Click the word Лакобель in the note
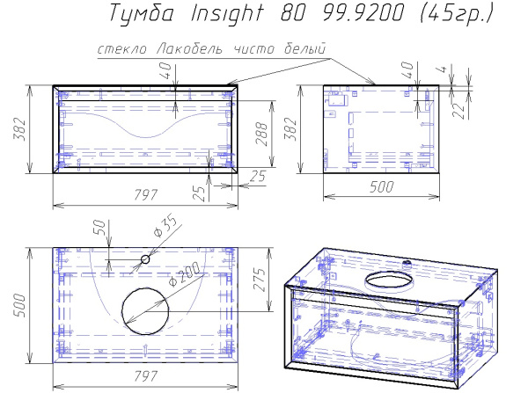click(191, 51)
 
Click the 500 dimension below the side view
click(381, 186)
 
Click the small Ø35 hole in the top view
click(146, 259)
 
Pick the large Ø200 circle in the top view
click(143, 310)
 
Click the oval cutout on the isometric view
click(387, 280)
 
